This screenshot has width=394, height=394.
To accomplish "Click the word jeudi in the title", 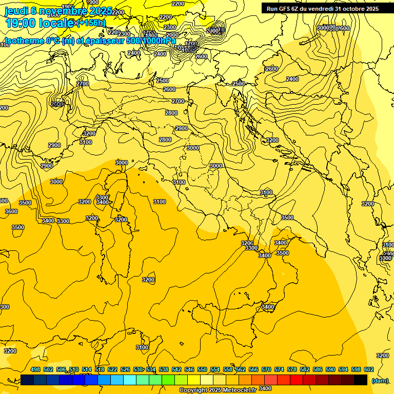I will (x=16, y=11).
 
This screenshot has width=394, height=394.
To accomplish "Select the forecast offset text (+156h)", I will (x=90, y=23).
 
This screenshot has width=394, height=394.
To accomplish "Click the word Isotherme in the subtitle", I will (x=25, y=41).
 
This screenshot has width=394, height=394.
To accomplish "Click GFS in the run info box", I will (x=288, y=9).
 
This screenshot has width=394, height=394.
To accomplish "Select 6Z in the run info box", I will (x=300, y=9).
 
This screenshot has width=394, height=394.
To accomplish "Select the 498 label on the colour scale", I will (x=35, y=369).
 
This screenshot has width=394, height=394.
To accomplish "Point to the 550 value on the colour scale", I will (x=202, y=369).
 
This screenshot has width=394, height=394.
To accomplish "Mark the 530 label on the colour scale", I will (x=138, y=369).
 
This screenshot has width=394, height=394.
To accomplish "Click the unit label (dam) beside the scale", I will (x=380, y=380).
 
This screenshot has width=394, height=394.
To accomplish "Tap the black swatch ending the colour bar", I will (x=361, y=380).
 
